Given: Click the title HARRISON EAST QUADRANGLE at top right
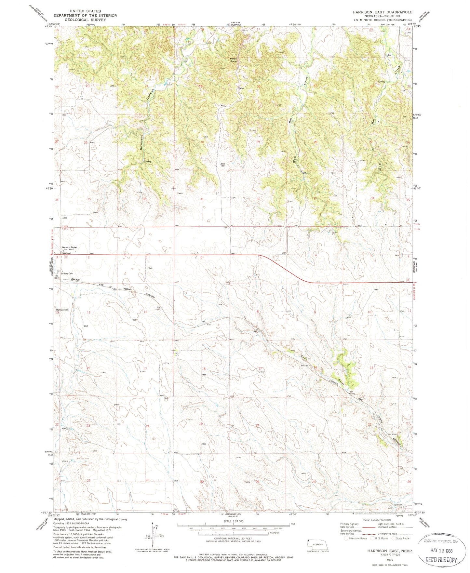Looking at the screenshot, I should pyautogui.click(x=382, y=12).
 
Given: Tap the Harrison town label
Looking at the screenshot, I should pyautogui.click(x=65, y=253).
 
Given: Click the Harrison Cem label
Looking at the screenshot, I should pyautogui.click(x=62, y=310).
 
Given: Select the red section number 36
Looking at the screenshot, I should pyautogui.click(x=144, y=199).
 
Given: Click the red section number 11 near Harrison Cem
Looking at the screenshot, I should pyautogui.click(x=88, y=312).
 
